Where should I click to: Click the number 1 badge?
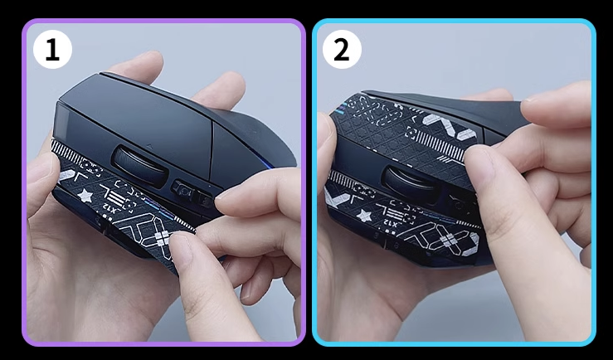click(52, 49)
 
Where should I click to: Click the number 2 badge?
click(342, 49)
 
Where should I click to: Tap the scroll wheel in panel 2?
click(411, 183)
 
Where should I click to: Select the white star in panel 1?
click(85, 195)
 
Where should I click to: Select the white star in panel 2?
click(365, 216)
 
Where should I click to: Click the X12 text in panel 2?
click(391, 223)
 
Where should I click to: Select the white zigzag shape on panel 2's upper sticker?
click(450, 126)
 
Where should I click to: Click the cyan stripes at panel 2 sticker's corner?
click(338, 109)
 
